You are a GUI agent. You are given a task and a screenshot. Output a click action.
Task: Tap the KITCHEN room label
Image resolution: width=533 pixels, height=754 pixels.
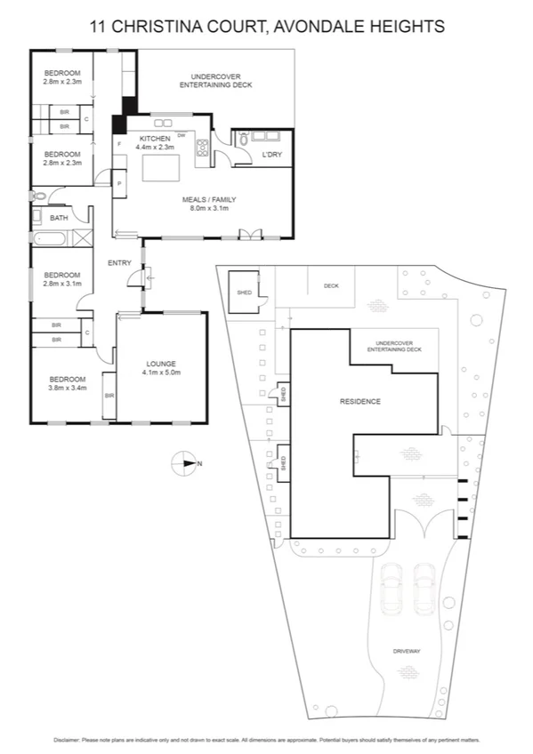[x=154, y=139]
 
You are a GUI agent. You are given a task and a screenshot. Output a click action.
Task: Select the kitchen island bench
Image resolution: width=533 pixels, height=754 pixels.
[x=161, y=168]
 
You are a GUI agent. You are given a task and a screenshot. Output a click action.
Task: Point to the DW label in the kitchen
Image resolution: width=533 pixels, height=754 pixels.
[x=182, y=135]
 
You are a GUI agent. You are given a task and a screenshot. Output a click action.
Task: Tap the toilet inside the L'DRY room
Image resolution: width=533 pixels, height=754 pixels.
[x=241, y=139]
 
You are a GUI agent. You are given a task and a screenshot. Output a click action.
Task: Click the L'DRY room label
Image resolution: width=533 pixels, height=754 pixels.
[x=271, y=156]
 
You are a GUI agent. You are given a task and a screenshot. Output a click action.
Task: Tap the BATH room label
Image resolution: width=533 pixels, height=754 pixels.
[x=59, y=218]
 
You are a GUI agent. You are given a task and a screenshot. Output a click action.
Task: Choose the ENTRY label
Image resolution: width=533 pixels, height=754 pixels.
[x=119, y=263]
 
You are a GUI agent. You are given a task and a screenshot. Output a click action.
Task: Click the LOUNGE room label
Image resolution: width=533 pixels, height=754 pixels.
[x=161, y=364]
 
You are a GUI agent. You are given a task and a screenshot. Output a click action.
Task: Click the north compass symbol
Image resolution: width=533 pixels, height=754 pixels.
[x=185, y=462]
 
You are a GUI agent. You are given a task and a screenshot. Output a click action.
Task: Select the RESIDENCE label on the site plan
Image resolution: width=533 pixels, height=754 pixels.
[x=359, y=402]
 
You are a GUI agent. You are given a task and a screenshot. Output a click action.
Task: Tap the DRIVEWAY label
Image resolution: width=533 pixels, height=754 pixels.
[x=406, y=652]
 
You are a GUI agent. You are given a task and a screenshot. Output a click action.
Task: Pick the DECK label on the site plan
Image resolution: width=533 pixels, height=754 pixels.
[x=331, y=286]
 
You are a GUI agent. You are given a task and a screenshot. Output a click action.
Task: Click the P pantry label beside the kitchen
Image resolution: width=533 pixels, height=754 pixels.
[x=118, y=183]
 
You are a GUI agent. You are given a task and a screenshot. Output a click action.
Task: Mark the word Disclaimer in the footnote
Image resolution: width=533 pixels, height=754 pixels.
[x=67, y=739]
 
